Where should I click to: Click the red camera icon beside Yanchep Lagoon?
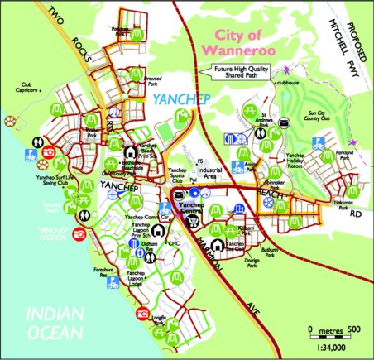(x=79, y=234)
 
